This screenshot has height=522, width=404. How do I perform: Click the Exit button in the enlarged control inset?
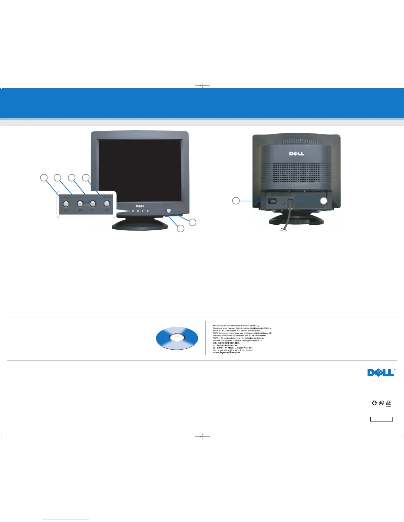click(65, 203)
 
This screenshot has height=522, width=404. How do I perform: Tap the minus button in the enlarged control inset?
click(80, 203)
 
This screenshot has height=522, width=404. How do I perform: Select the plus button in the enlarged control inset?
click(93, 203)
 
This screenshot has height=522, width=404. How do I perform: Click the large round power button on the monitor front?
click(169, 211)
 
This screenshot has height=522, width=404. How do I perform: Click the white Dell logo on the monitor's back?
click(296, 154)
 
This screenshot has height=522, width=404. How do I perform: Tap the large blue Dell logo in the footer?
click(381, 372)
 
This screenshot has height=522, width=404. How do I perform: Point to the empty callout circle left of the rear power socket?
click(236, 200)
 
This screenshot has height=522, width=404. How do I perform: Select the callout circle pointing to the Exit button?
click(44, 178)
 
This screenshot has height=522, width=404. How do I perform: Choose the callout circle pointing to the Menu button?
click(86, 178)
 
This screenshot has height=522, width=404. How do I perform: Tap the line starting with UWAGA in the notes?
click(238, 340)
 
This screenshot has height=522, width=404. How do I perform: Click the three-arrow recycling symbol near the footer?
click(374, 403)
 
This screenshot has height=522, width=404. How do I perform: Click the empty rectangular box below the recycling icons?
click(381, 419)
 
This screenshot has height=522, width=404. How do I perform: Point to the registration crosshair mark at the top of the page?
click(202, 86)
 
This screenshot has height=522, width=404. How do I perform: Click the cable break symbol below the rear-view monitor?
click(284, 230)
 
